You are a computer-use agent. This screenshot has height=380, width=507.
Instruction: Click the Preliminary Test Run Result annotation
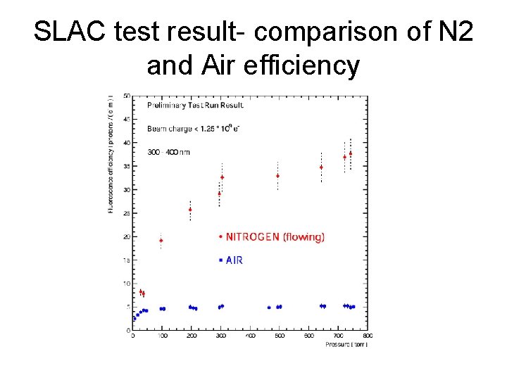pyautogui.click(x=195, y=106)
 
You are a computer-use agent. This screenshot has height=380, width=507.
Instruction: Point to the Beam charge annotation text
pyautogui.click(x=194, y=128)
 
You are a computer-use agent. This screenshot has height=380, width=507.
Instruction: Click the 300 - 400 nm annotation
pyautogui.click(x=169, y=151)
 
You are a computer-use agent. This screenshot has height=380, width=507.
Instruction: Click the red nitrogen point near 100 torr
pyautogui.click(x=161, y=241)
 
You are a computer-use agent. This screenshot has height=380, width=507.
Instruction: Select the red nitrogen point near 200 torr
pyautogui.click(x=190, y=210)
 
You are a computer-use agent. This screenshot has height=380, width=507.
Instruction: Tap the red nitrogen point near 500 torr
pyautogui.click(x=277, y=176)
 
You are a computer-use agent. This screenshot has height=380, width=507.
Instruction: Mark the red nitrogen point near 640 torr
pyautogui.click(x=321, y=167)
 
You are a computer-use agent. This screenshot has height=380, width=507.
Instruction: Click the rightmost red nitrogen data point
pyautogui.click(x=351, y=153)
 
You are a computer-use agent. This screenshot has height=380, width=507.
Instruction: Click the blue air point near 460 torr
pyautogui.click(x=269, y=308)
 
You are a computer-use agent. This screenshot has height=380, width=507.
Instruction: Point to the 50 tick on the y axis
pyautogui.click(x=126, y=96)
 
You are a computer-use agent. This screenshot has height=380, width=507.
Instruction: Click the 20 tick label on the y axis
pyautogui.click(x=126, y=237)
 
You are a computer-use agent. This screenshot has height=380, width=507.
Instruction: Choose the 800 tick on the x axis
pyautogui.click(x=368, y=336)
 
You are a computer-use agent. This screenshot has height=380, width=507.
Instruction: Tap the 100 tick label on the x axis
pyautogui.click(x=162, y=336)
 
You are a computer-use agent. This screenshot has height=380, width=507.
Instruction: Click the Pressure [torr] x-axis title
pyautogui.click(x=347, y=344)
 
